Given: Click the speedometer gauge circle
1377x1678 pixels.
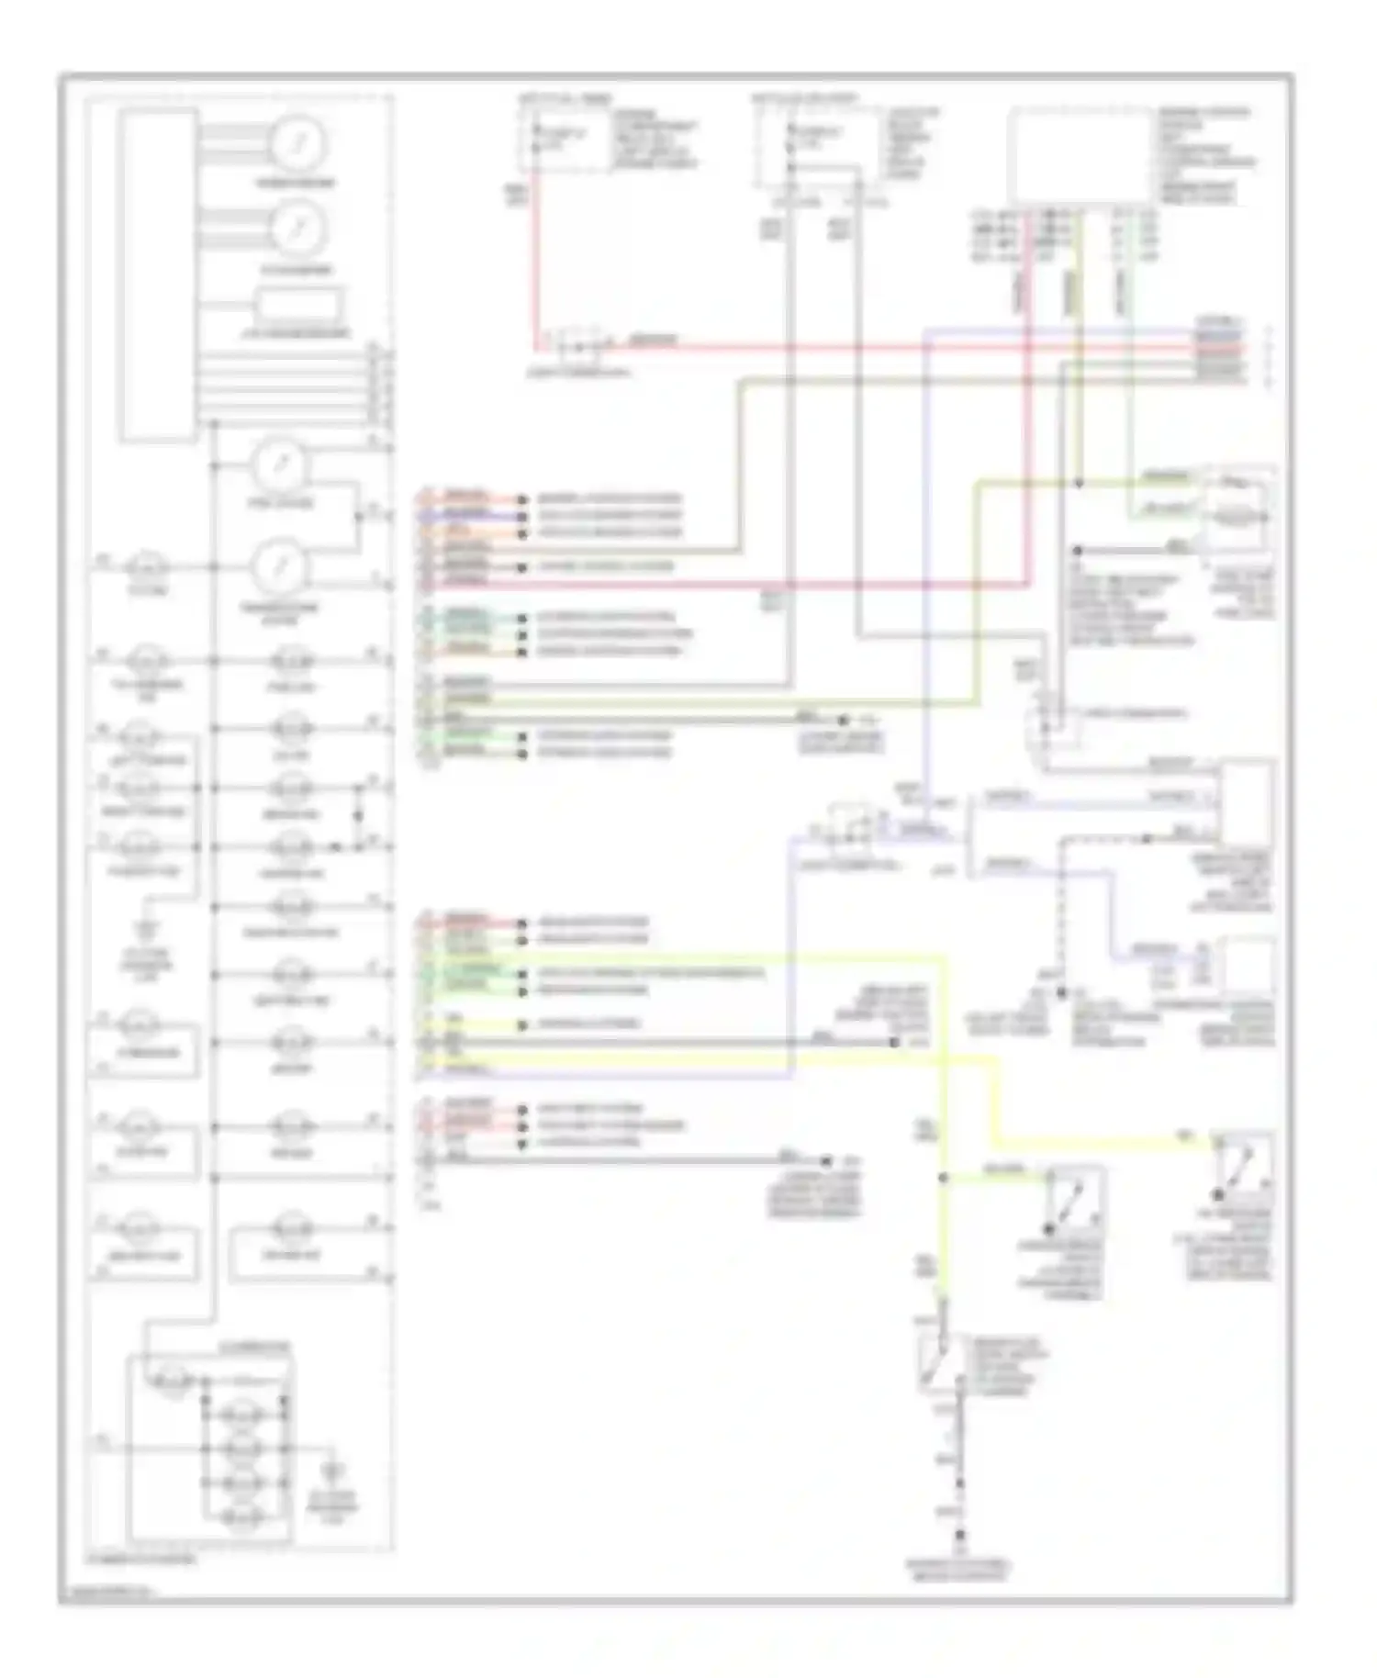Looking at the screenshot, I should (297, 143).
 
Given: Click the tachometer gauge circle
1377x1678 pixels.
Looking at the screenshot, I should (297, 229).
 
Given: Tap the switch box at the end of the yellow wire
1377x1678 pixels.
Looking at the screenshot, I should (1242, 1166).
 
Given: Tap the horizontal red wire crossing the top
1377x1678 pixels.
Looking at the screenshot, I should (826, 348).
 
